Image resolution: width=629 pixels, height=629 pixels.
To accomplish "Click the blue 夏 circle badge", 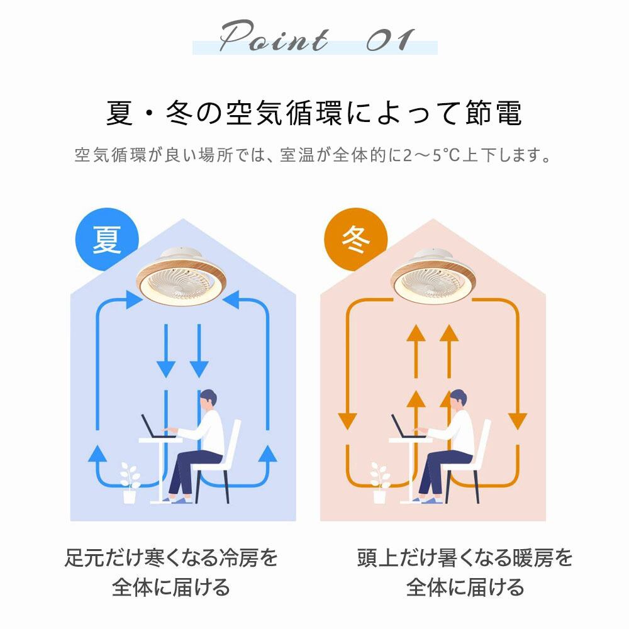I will pyautogui.click(x=106, y=239).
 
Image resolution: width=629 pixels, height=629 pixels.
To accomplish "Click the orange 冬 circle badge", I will pyautogui.click(x=355, y=239).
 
